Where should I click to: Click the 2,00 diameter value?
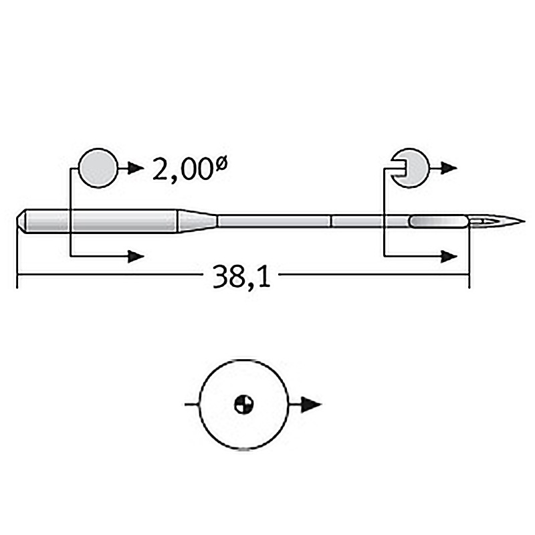point(183,170)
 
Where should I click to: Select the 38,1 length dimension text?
point(241,276)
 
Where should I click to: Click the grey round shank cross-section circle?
point(98,168)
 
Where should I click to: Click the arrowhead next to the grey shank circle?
point(136,168)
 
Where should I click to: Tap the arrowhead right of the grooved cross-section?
point(449,168)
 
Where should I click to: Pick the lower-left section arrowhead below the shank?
point(136,256)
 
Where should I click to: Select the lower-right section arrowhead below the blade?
point(449,256)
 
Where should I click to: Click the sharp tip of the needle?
point(524,221)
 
